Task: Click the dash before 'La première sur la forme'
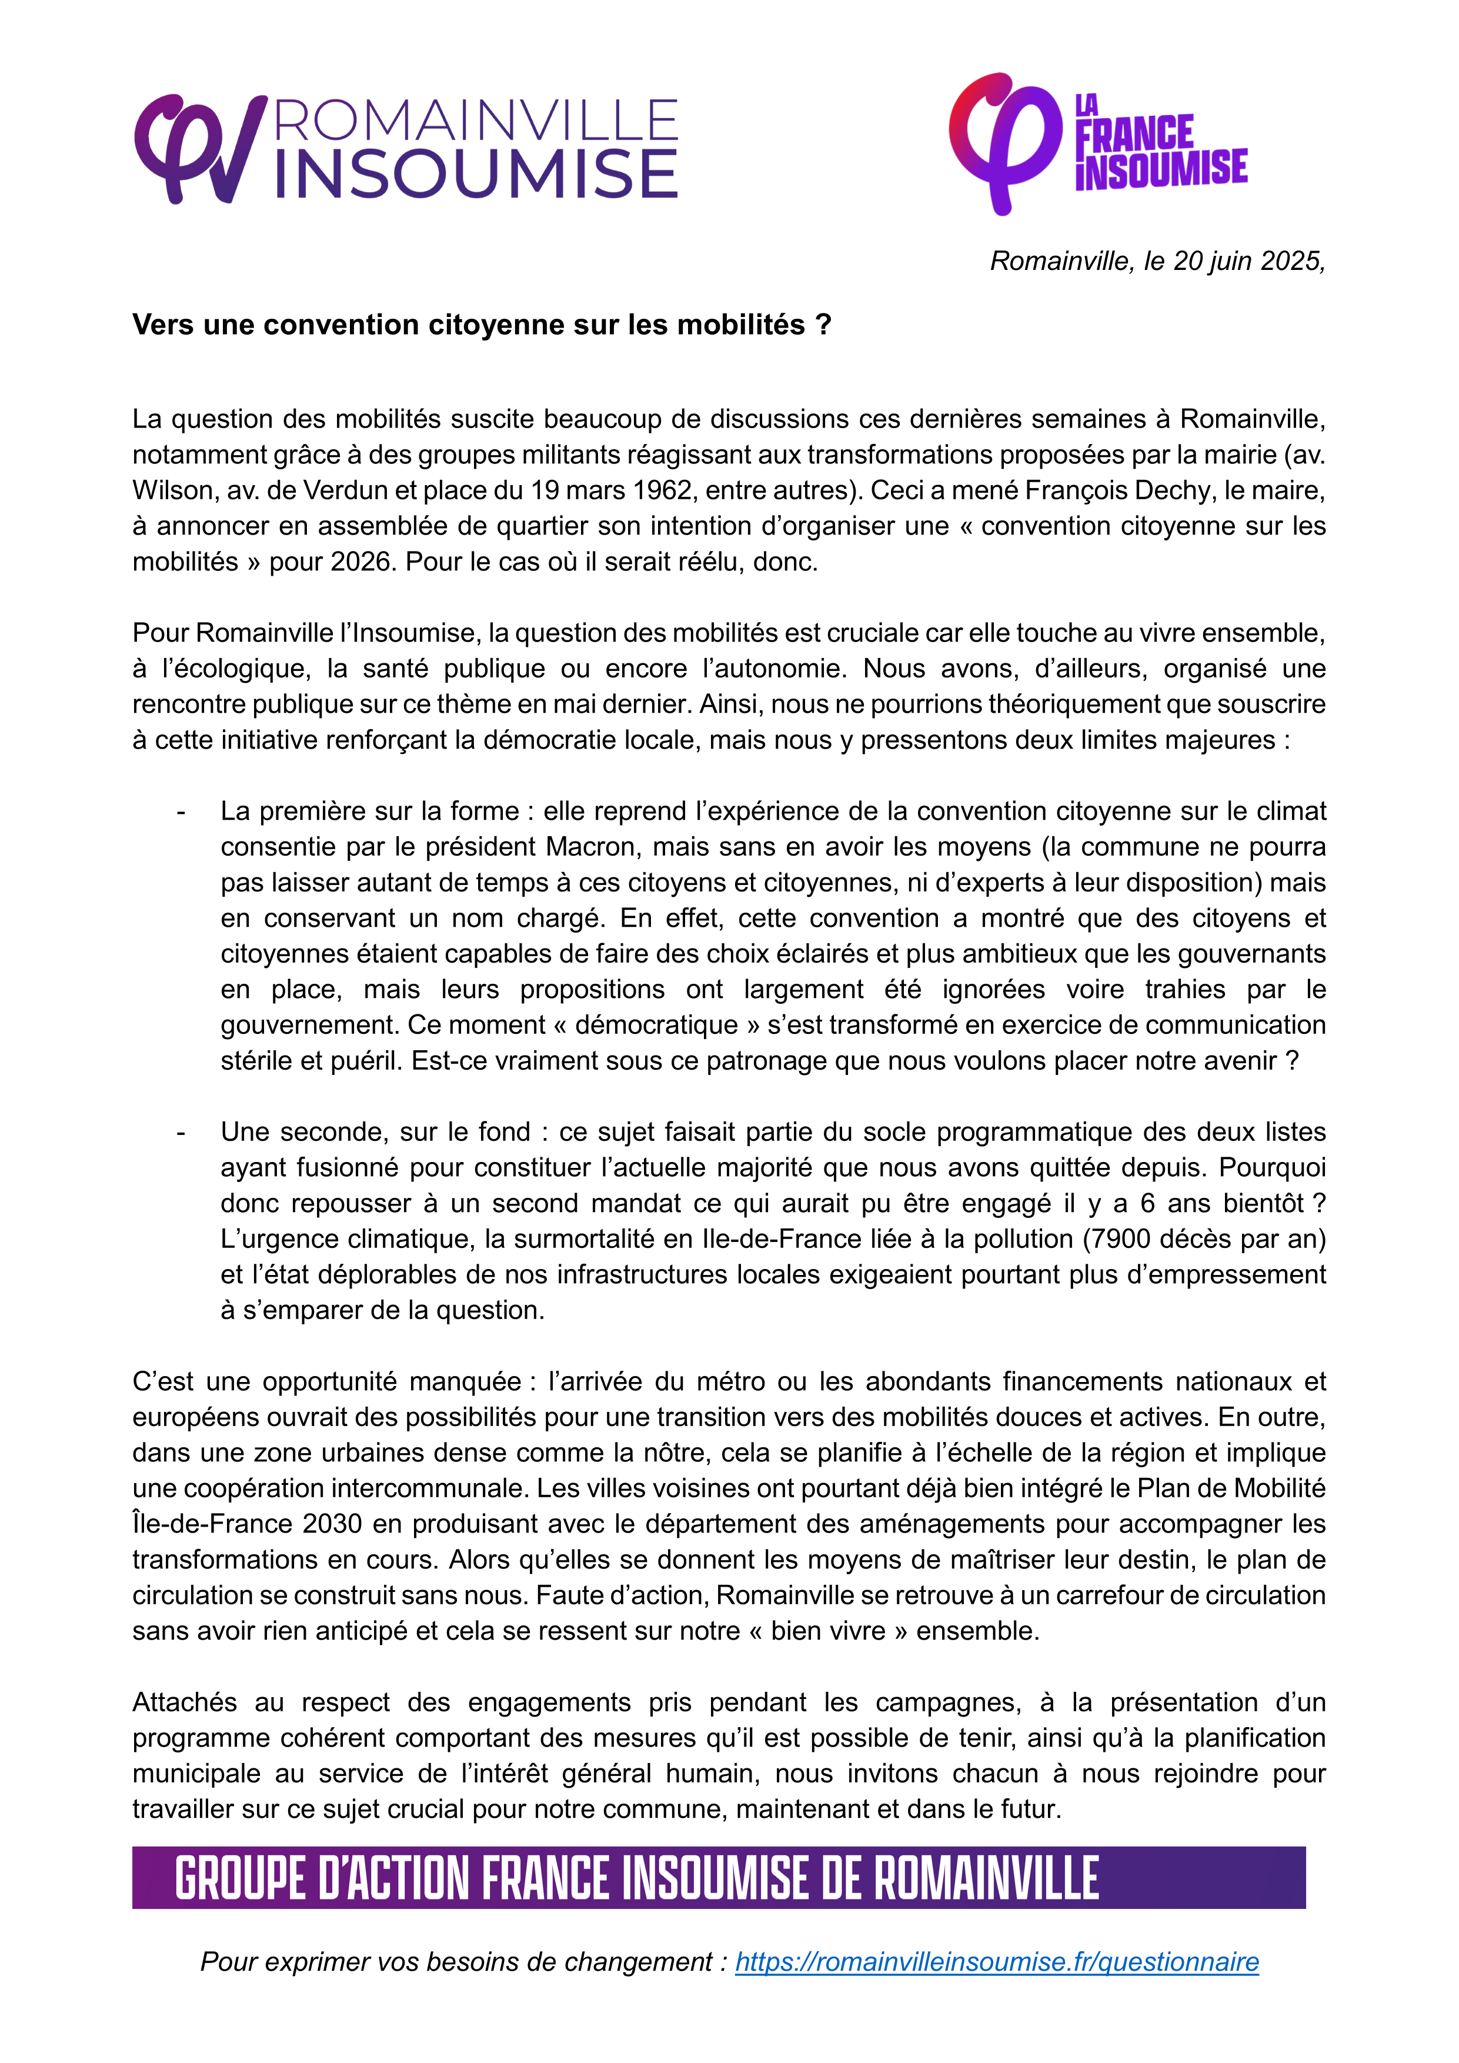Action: coord(182,812)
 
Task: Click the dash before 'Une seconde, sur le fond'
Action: coord(182,1132)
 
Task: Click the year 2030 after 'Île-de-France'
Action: coord(332,1525)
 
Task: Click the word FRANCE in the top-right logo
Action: coord(1134,135)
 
